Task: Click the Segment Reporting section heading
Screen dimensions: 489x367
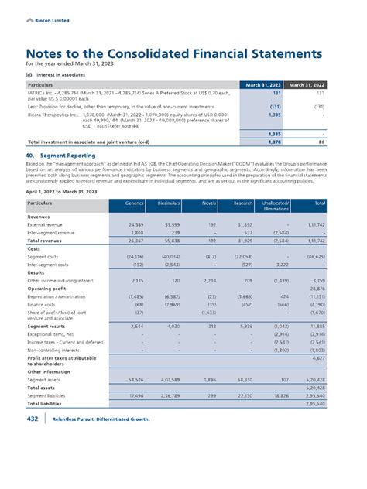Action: click(61, 154)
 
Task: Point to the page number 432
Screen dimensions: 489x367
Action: click(32, 463)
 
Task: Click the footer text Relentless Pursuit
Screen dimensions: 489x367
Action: click(84, 463)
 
